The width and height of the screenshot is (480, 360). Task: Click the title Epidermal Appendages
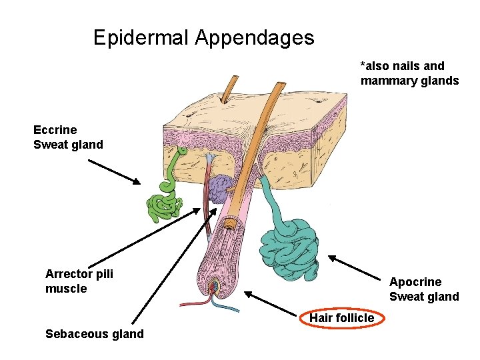click(x=203, y=37)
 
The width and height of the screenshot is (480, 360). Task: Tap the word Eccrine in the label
click(x=55, y=130)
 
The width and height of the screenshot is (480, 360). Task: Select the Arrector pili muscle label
click(x=79, y=281)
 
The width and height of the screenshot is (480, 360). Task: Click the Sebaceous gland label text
click(x=94, y=333)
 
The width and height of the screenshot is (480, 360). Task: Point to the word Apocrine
click(x=415, y=282)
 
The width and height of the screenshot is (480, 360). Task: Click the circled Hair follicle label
click(x=341, y=318)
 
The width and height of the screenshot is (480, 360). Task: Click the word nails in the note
click(x=408, y=66)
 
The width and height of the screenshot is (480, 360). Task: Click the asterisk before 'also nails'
click(x=363, y=65)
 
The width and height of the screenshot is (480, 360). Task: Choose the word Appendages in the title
click(x=254, y=37)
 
